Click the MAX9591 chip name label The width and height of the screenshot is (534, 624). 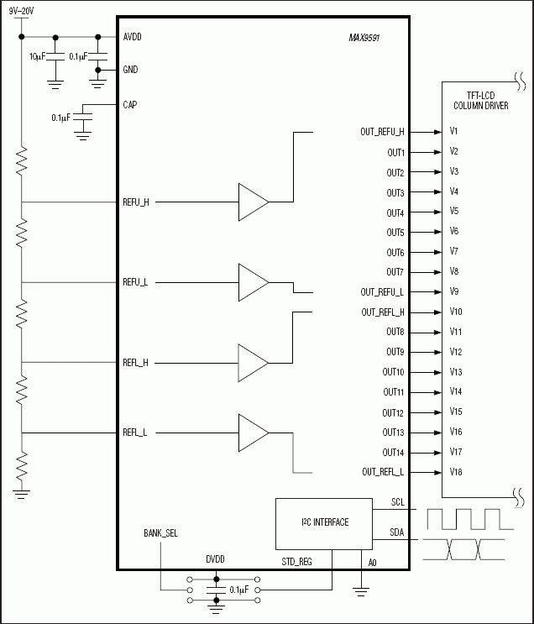tap(364, 38)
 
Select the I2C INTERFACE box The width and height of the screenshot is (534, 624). tap(324, 522)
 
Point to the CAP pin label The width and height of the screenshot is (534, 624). tap(130, 105)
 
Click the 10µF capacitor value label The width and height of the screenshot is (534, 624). tap(37, 56)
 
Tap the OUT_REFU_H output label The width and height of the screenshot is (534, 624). tap(382, 132)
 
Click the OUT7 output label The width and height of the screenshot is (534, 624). tap(395, 272)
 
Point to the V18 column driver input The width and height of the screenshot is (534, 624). tap(456, 472)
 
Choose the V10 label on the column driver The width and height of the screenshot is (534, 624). tap(456, 312)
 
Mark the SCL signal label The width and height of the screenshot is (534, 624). tap(398, 502)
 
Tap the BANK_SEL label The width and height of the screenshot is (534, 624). tap(160, 533)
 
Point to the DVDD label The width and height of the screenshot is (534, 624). tap(216, 559)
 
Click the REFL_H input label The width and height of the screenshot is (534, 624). tap(135, 363)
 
